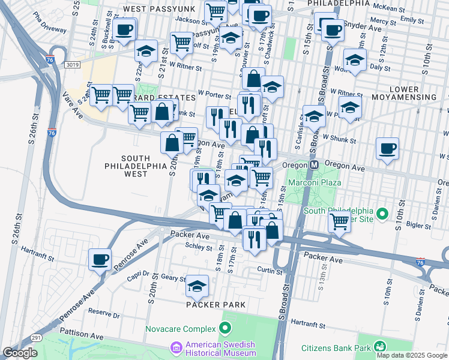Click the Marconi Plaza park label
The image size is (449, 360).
315,182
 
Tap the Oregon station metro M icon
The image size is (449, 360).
313,165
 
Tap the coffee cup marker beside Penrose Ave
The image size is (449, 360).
100,260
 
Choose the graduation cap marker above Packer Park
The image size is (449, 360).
196,287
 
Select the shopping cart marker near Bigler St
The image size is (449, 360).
339,221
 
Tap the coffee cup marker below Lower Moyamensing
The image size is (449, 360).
387,148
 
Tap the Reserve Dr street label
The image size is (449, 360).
104,312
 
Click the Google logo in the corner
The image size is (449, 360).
20,353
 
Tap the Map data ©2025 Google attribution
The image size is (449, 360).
412,355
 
